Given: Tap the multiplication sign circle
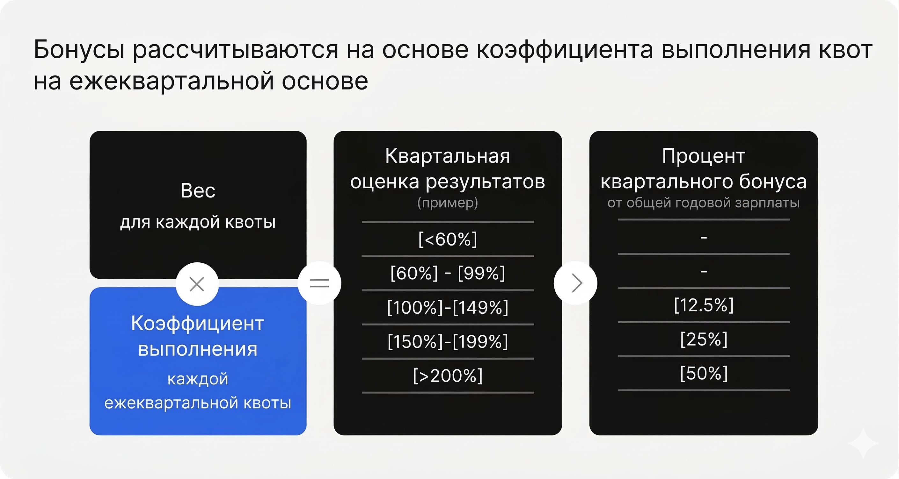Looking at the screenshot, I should (x=197, y=284).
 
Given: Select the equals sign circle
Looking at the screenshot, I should (x=319, y=283).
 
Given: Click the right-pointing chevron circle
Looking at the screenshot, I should (x=575, y=283).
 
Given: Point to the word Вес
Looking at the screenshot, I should (x=198, y=191).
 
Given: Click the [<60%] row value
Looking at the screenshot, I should (x=448, y=239).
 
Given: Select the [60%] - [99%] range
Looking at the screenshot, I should (x=448, y=273).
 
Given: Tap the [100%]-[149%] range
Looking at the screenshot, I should (x=448, y=307).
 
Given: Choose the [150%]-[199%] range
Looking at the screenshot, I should (x=448, y=341).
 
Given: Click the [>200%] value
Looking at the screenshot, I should (x=448, y=375).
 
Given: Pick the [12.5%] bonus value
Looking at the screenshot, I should (x=704, y=305).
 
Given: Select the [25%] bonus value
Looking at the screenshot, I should (x=704, y=339).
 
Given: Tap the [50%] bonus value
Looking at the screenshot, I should (x=704, y=373).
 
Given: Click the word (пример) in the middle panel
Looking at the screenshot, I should (x=448, y=203).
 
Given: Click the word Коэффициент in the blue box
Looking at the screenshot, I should (x=198, y=324).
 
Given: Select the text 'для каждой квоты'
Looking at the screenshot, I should (x=198, y=222).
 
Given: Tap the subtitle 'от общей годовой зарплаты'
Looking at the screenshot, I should (x=704, y=203).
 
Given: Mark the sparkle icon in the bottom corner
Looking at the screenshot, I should (x=863, y=443).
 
